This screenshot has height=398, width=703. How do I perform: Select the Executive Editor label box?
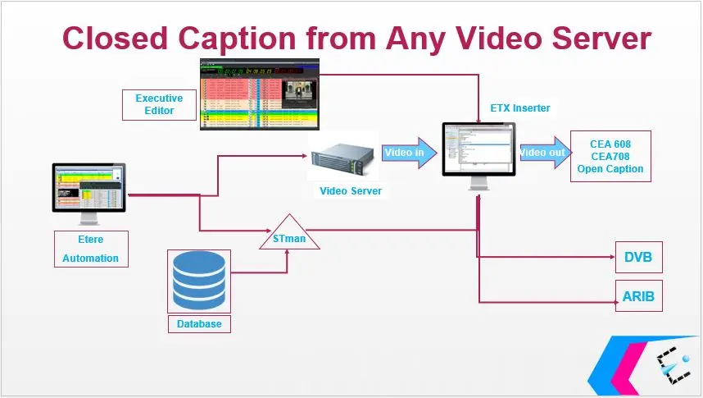coord(159,104)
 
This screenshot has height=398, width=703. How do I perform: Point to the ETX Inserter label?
coord(520,108)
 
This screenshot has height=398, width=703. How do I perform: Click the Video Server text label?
coord(350,191)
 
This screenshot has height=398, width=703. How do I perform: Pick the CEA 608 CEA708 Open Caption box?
coord(610,156)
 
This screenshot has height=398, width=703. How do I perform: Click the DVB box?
coord(638,257)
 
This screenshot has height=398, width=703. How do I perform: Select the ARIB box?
coord(638,295)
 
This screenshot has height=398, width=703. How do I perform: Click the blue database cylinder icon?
coord(199,279)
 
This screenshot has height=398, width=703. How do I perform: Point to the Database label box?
coord(199,323)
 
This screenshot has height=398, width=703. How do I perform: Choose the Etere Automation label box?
coord(91,248)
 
